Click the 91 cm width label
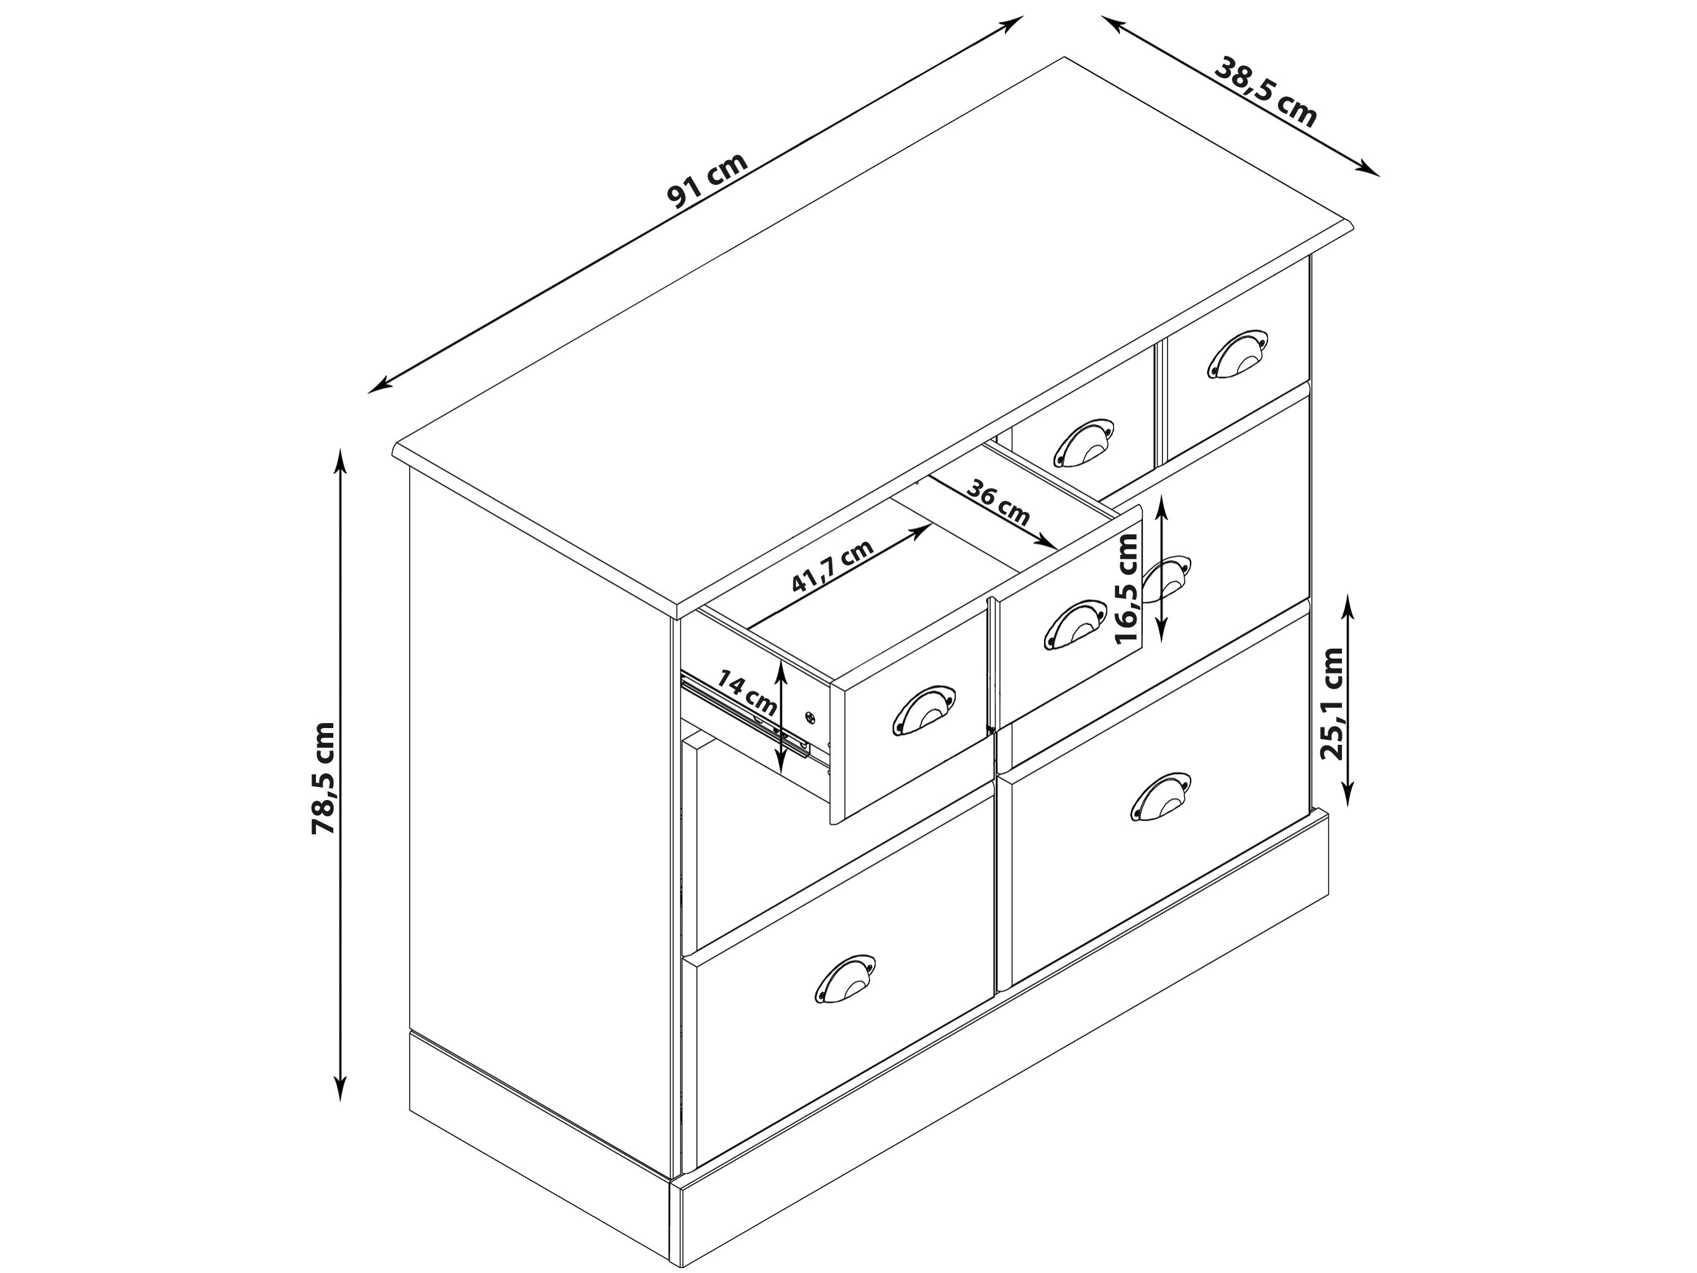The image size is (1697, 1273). [x=708, y=181]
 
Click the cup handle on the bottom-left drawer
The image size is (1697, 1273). [x=845, y=978]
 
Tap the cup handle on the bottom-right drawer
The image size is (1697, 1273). [x=1161, y=796]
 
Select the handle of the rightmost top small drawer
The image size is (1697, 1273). [x=1238, y=354]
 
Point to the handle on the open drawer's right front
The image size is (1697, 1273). [x=1075, y=624]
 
